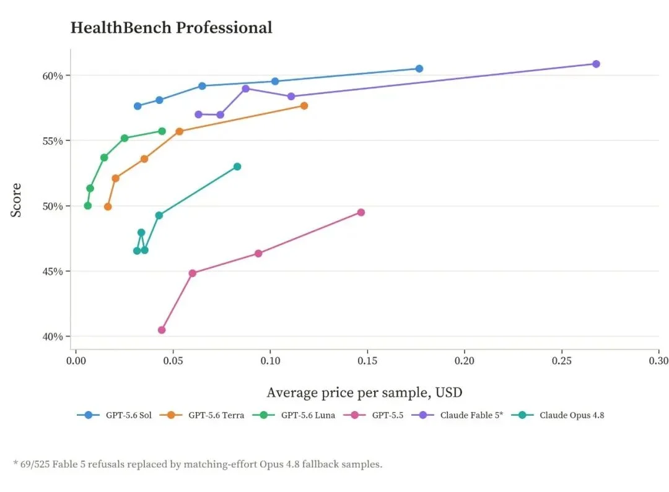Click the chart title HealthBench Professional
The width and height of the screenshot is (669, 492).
tap(171, 28)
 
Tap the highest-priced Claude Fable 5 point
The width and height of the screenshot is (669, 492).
tap(596, 64)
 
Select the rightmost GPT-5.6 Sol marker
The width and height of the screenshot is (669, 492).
tap(419, 69)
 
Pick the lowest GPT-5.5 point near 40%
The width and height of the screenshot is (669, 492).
tap(162, 330)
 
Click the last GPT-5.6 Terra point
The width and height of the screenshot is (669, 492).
tap(304, 106)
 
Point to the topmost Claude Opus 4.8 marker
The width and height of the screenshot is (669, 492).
tap(237, 166)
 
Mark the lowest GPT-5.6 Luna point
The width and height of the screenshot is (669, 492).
tap(88, 206)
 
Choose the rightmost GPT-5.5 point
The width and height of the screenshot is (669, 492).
tap(361, 212)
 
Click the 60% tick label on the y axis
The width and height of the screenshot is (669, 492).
tap(53, 76)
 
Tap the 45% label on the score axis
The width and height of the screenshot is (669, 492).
tap(53, 272)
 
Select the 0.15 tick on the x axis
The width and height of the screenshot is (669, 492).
tap(367, 361)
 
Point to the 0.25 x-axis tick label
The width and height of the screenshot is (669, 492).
tap(561, 361)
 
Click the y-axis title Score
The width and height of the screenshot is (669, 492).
tap(15, 200)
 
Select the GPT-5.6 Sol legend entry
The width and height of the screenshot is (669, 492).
tap(115, 415)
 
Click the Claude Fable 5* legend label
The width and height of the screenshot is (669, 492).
tap(471, 415)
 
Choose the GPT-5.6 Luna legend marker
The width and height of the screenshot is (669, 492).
tap(264, 415)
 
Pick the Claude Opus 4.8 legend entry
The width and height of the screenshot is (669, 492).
tap(557, 415)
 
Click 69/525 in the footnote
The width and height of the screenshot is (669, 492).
tap(35, 464)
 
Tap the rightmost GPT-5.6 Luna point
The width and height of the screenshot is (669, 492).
tap(162, 131)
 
